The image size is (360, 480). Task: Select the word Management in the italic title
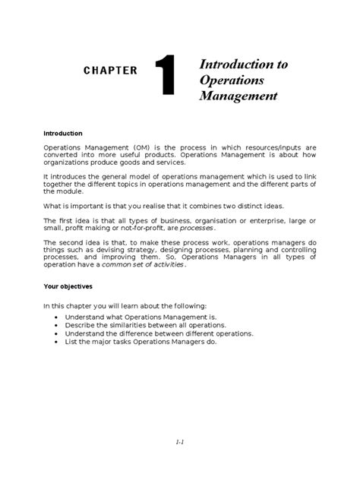pos(238,96)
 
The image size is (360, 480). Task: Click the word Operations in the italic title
pos(230,80)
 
